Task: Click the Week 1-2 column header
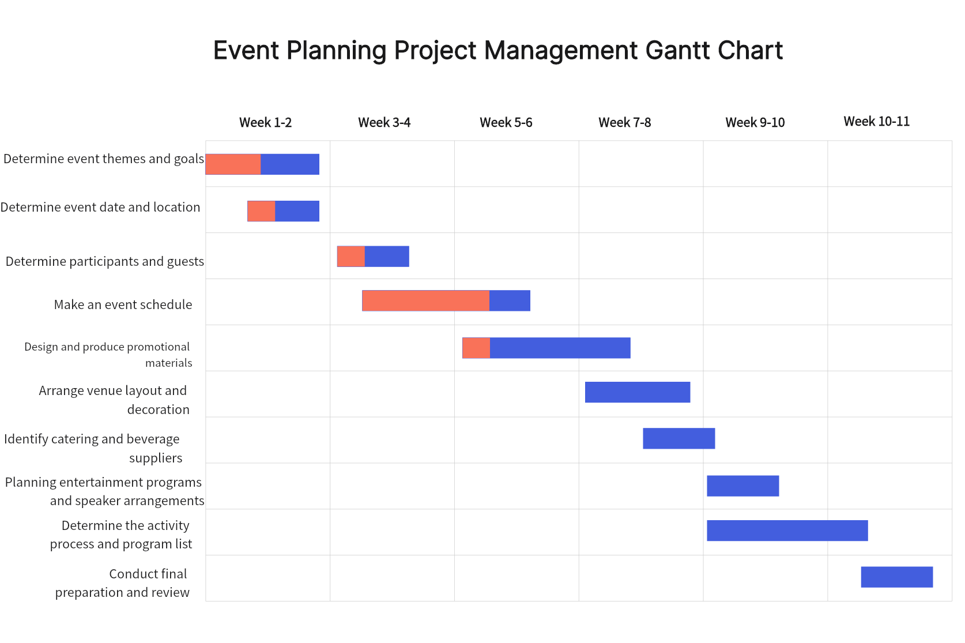point(265,122)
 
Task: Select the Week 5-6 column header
point(506,122)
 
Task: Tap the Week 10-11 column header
point(876,122)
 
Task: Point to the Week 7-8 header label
point(625,122)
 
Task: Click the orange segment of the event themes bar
point(233,164)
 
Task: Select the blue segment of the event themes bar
point(290,164)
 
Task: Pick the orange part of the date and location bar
point(262,211)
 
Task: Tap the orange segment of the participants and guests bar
point(351,257)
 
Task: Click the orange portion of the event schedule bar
point(425,301)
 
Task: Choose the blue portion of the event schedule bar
point(510,301)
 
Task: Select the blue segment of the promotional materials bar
point(560,348)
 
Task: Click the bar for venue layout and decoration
point(638,392)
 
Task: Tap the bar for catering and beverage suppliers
point(679,438)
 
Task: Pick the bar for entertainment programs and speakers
point(743,486)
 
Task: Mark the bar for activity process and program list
point(787,531)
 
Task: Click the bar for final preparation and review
point(897,577)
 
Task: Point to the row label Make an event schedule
point(123,304)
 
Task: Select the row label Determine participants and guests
point(105,262)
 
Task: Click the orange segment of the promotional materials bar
point(476,348)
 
